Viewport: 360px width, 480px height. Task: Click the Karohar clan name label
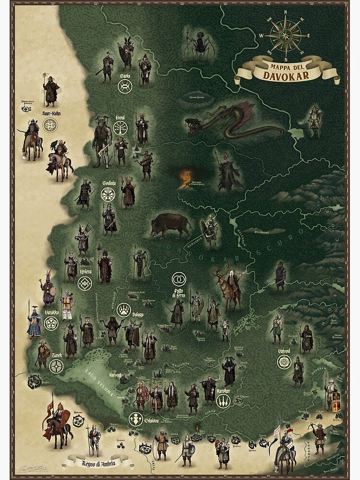223,391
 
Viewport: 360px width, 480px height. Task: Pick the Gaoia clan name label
125,75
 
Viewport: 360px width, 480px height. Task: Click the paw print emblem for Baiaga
123,310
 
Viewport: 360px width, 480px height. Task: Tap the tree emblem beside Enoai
120,128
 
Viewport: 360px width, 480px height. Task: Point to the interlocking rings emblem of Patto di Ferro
179,278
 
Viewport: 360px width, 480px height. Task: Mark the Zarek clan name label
56,356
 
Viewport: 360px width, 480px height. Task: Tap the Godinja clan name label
109,183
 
